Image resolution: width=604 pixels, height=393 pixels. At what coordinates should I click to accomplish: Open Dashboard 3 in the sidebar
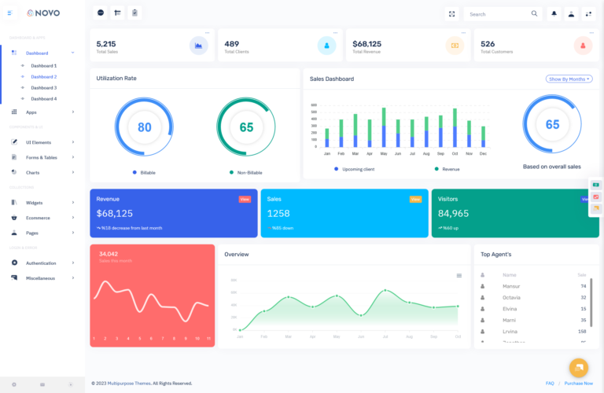[43, 87]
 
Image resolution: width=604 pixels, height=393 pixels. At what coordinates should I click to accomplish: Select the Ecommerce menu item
[38, 218]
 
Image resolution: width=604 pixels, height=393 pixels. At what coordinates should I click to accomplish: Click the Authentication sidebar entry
[41, 263]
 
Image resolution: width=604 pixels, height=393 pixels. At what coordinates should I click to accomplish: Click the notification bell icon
[554, 13]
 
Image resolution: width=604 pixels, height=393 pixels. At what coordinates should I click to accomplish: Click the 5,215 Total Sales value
[106, 44]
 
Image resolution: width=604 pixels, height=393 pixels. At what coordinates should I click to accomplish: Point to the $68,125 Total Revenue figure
[366, 44]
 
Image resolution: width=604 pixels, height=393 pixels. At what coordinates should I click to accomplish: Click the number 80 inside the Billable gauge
[145, 127]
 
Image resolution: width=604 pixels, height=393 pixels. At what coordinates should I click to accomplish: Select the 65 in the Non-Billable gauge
[246, 127]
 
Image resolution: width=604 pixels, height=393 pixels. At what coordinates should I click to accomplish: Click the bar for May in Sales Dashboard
[384, 128]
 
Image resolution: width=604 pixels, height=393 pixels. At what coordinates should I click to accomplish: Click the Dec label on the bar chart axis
[483, 153]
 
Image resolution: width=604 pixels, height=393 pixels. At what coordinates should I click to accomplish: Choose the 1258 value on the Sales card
[278, 213]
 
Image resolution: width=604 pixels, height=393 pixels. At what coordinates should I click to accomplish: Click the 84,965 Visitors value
[453, 213]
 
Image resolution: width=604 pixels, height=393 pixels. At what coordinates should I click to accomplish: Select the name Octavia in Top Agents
[511, 297]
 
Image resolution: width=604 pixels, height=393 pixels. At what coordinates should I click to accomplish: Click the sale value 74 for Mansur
[583, 286]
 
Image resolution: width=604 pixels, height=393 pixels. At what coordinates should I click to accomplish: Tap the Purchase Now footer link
[579, 383]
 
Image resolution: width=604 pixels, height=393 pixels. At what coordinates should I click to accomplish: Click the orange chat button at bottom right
[578, 367]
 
